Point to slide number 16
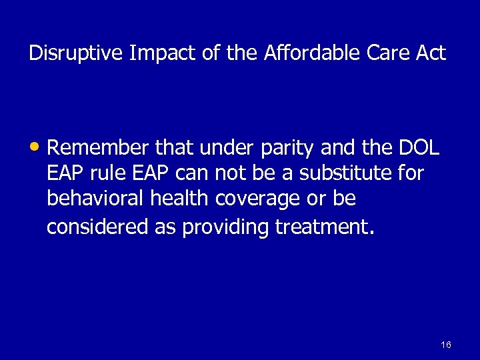446,345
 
